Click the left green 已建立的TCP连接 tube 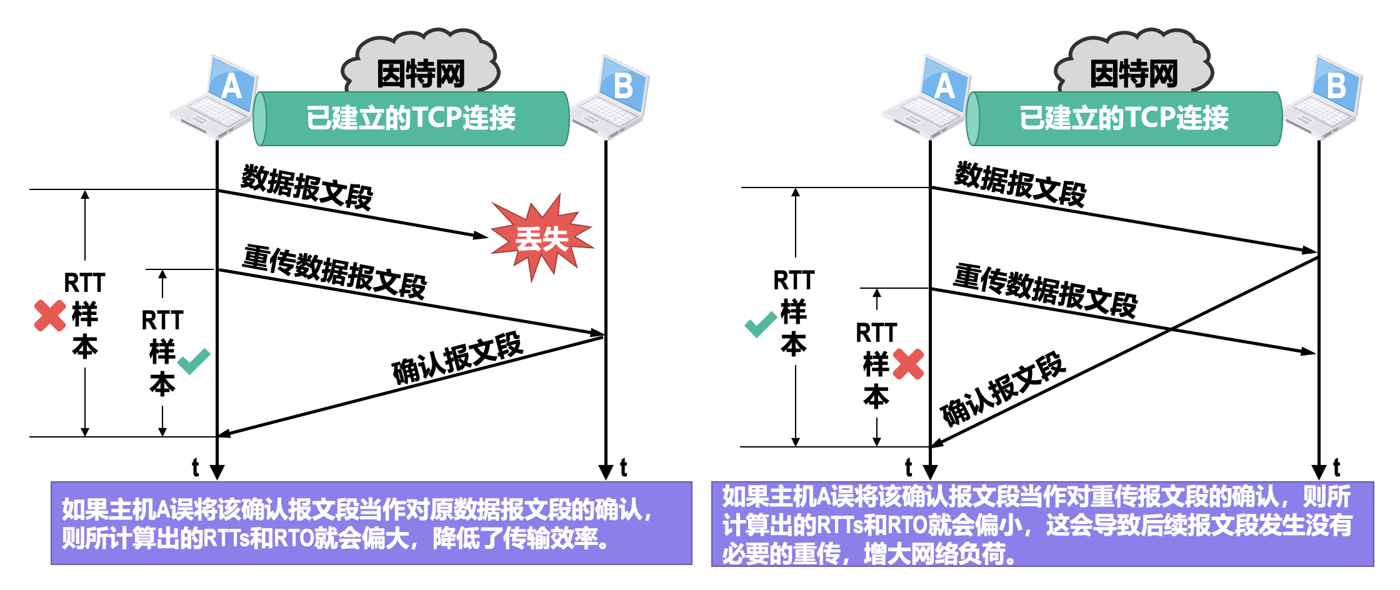pyautogui.click(x=411, y=119)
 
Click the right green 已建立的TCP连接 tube pyautogui.click(x=1124, y=119)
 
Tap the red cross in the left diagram pyautogui.click(x=50, y=316)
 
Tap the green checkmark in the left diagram pyautogui.click(x=194, y=361)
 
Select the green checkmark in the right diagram pyautogui.click(x=761, y=324)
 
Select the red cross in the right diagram pyautogui.click(x=908, y=364)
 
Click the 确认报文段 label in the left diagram pyautogui.click(x=457, y=358)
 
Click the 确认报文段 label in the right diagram pyautogui.click(x=1002, y=389)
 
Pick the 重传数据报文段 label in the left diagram pyautogui.click(x=334, y=272)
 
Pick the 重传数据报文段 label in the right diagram pyautogui.click(x=1046, y=291)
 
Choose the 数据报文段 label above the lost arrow pyautogui.click(x=307, y=186)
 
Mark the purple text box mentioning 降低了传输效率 pyautogui.click(x=371, y=523)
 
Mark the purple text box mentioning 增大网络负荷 pyautogui.click(x=1042, y=524)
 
